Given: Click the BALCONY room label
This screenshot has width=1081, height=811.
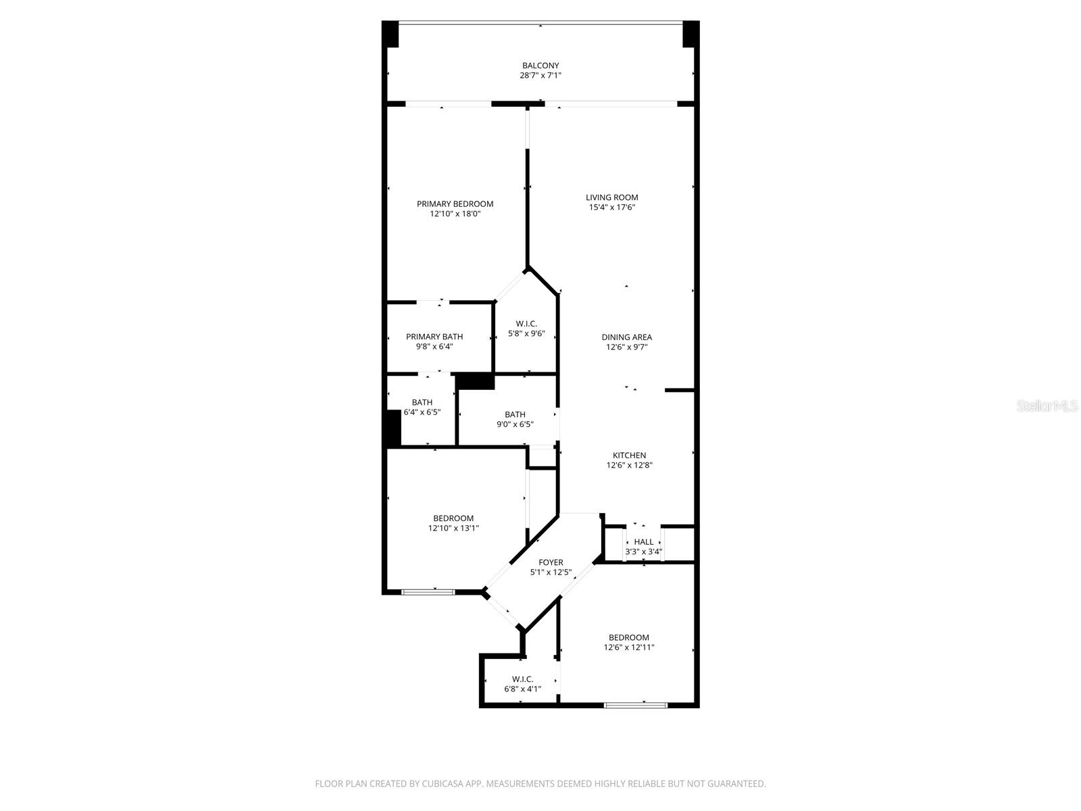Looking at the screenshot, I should coord(540,66).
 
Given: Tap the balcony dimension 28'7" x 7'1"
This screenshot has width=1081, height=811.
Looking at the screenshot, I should coord(540,76).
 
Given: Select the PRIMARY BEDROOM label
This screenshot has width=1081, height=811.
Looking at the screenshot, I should coord(455,203).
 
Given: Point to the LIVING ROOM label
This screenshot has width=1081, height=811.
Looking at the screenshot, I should coord(611,197).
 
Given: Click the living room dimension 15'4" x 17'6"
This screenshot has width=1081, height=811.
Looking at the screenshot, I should coord(611,207).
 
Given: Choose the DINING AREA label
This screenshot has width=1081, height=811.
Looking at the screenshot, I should coord(626,337).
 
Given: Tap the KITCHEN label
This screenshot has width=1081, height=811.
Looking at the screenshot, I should coord(629,455).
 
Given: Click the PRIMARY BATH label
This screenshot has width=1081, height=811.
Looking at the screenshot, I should coord(434,336).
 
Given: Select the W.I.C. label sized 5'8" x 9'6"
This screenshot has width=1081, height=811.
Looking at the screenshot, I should coord(526,323).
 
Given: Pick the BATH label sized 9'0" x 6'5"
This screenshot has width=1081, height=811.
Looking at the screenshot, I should coord(515,414).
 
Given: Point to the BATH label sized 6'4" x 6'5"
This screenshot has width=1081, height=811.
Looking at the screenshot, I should coord(422,402).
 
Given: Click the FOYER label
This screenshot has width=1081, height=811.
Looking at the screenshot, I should coord(551,562).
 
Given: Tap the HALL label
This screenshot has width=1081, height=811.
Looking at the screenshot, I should coord(644,541).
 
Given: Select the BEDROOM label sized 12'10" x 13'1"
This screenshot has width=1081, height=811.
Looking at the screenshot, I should coord(453,518).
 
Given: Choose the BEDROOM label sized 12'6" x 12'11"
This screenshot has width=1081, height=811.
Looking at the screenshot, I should coord(628,637).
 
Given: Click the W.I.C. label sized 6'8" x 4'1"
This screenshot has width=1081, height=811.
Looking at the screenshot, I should coord(522,679).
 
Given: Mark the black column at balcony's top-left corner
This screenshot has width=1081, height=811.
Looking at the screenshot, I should coord(391,34).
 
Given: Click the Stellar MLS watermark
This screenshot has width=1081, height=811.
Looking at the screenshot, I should coord(1048,405).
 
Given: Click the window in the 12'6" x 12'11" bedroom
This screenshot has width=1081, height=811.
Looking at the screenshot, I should coord(635,705).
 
